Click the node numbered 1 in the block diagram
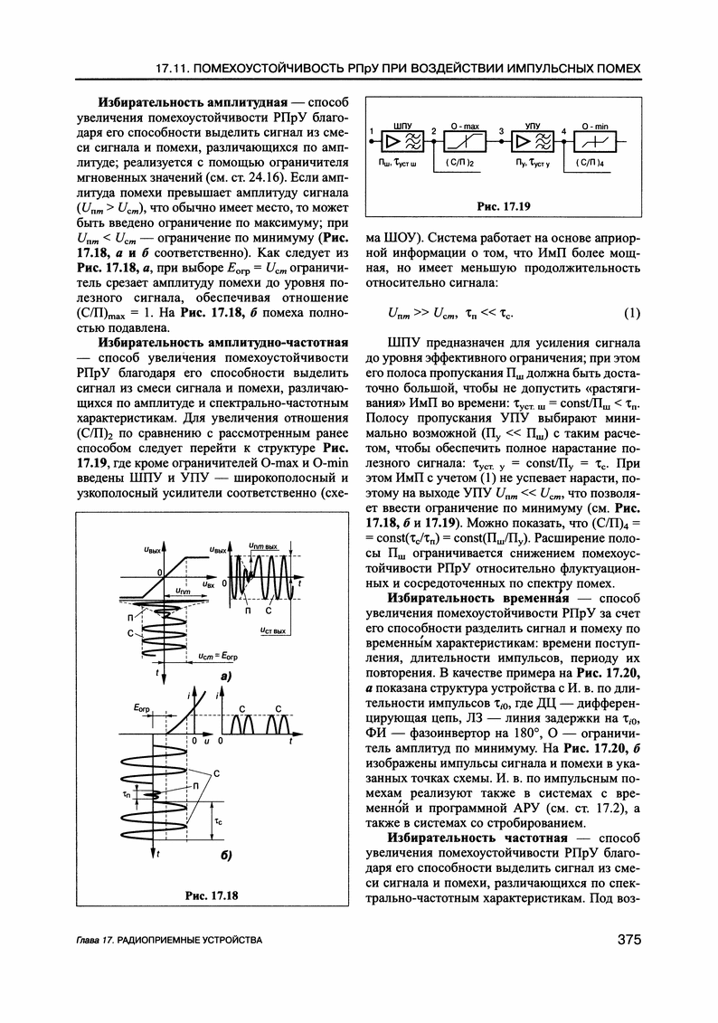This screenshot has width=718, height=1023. pos(373,133)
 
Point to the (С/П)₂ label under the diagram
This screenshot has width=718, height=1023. pos(460,164)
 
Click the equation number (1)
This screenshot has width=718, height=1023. pos(631,314)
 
